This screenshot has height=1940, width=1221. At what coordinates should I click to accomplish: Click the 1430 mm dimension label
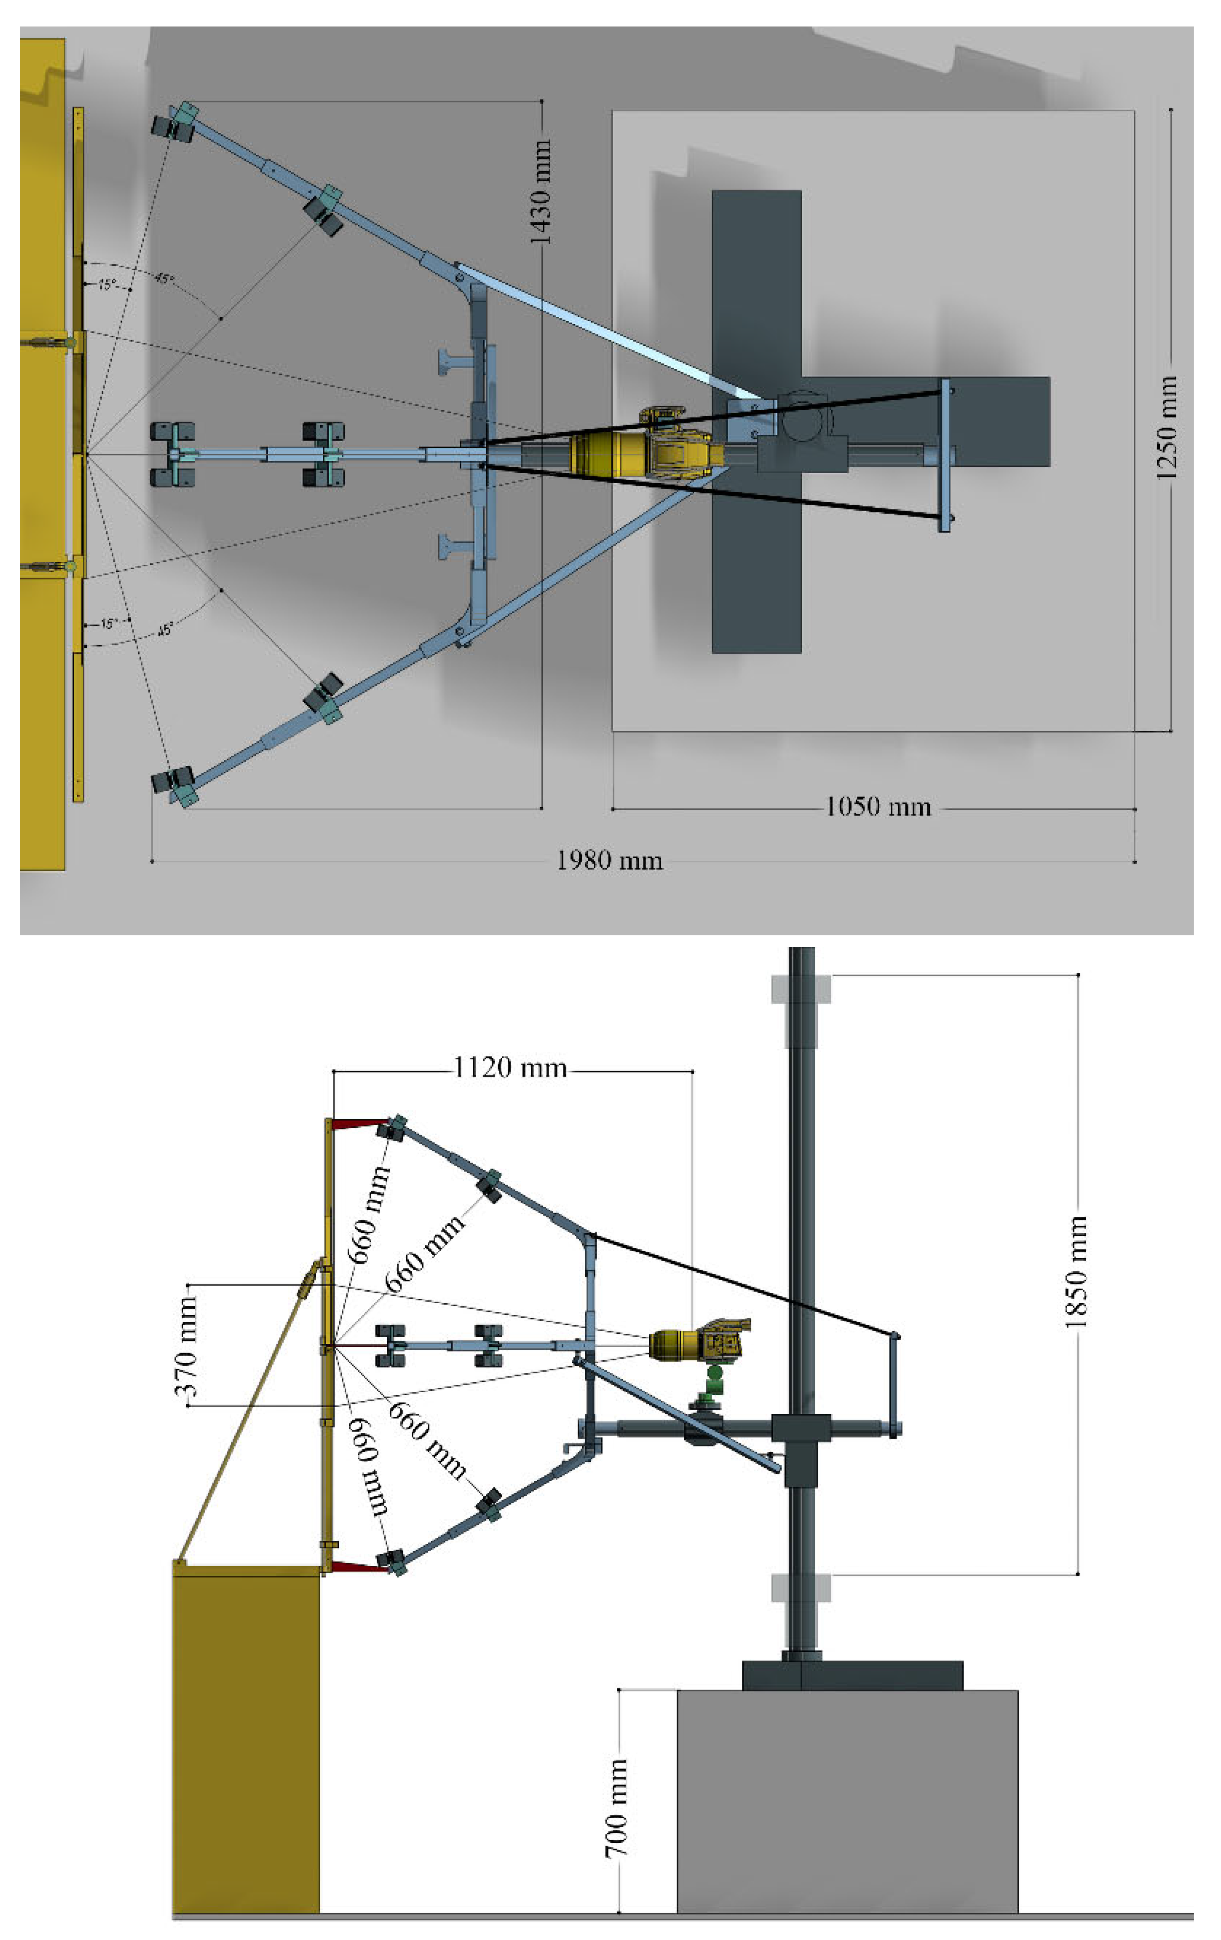541,192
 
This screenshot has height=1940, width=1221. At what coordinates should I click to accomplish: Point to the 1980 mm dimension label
610,860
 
